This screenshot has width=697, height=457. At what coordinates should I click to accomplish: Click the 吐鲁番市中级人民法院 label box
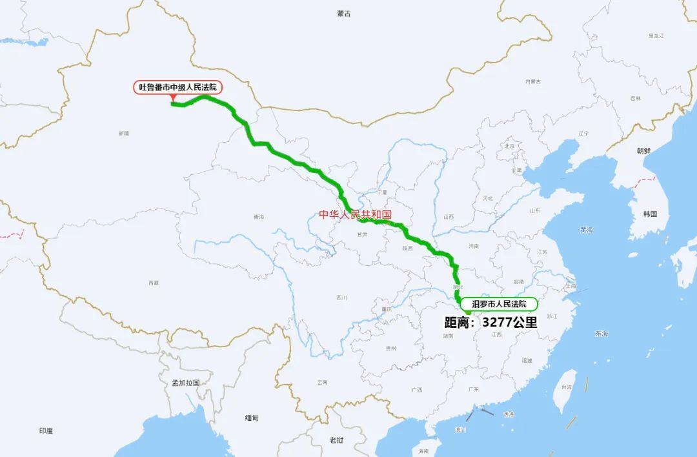point(177,87)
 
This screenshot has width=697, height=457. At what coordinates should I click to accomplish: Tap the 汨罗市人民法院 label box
point(499,304)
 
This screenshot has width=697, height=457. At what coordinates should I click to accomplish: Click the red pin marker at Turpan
point(173,98)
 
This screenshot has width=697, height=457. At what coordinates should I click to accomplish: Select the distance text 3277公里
point(509,322)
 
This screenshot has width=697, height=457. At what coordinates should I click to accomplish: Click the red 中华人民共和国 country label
point(355,214)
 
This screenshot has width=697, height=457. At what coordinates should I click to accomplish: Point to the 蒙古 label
point(344,14)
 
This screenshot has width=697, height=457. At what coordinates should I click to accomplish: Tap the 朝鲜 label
point(643,150)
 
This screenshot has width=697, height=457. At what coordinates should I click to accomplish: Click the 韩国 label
point(650,214)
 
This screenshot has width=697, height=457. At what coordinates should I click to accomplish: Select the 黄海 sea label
point(586,230)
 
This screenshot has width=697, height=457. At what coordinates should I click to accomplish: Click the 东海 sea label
point(601,333)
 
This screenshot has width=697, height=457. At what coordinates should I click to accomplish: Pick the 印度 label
point(46,431)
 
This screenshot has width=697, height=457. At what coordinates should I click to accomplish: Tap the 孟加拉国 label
point(185,383)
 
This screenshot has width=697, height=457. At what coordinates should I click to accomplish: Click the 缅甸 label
point(252,418)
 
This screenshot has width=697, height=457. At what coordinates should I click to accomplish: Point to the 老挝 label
point(336,440)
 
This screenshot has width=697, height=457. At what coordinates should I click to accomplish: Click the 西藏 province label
point(153,283)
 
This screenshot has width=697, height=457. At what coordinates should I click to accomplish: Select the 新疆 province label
point(124,133)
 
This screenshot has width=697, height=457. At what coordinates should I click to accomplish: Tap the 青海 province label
point(259,217)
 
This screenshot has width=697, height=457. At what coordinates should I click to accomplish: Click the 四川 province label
point(341,298)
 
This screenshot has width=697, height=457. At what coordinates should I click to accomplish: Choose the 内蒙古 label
point(532,81)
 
